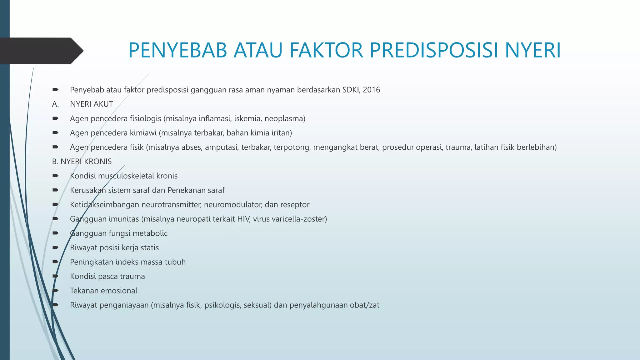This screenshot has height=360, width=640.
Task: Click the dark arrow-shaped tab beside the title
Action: pyautogui.click(x=41, y=51)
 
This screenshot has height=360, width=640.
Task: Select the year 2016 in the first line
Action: pyautogui.click(x=371, y=90)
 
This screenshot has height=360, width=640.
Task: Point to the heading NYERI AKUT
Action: pyautogui.click(x=91, y=104)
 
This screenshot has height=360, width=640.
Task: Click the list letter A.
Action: pyautogui.click(x=55, y=104)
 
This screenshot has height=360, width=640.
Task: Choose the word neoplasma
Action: pyautogui.click(x=285, y=119)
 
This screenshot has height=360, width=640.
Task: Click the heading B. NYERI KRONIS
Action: pyautogui.click(x=82, y=162)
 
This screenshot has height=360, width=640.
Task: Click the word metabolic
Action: pyautogui.click(x=153, y=233)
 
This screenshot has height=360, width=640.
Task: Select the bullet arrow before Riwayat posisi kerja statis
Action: pyautogui.click(x=56, y=247)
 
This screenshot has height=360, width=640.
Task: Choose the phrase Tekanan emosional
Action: pyautogui.click(x=103, y=291)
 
